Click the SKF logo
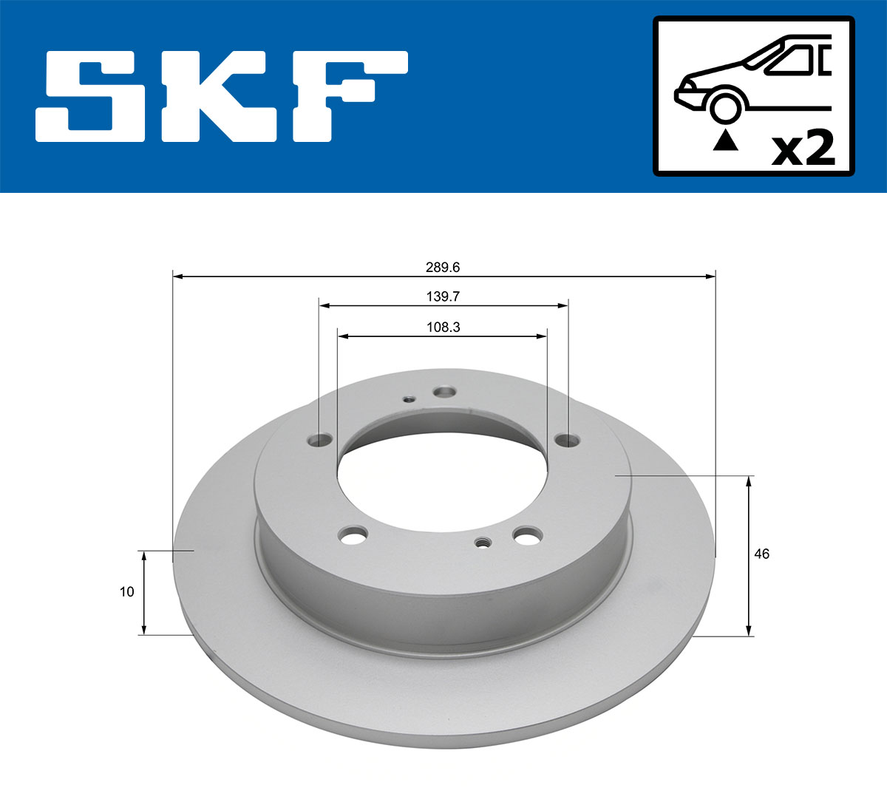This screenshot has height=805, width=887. [222, 96]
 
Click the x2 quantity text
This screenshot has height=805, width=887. [803, 149]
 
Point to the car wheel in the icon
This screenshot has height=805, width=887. [724, 106]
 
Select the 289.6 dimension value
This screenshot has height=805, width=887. [443, 267]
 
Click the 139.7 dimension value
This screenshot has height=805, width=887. [443, 296]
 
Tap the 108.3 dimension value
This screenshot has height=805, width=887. [443, 327]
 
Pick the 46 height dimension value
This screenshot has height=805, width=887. [761, 554]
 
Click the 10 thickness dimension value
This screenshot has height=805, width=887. [126, 591]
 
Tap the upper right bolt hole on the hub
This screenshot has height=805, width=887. [567, 441]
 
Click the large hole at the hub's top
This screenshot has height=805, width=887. [444, 392]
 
